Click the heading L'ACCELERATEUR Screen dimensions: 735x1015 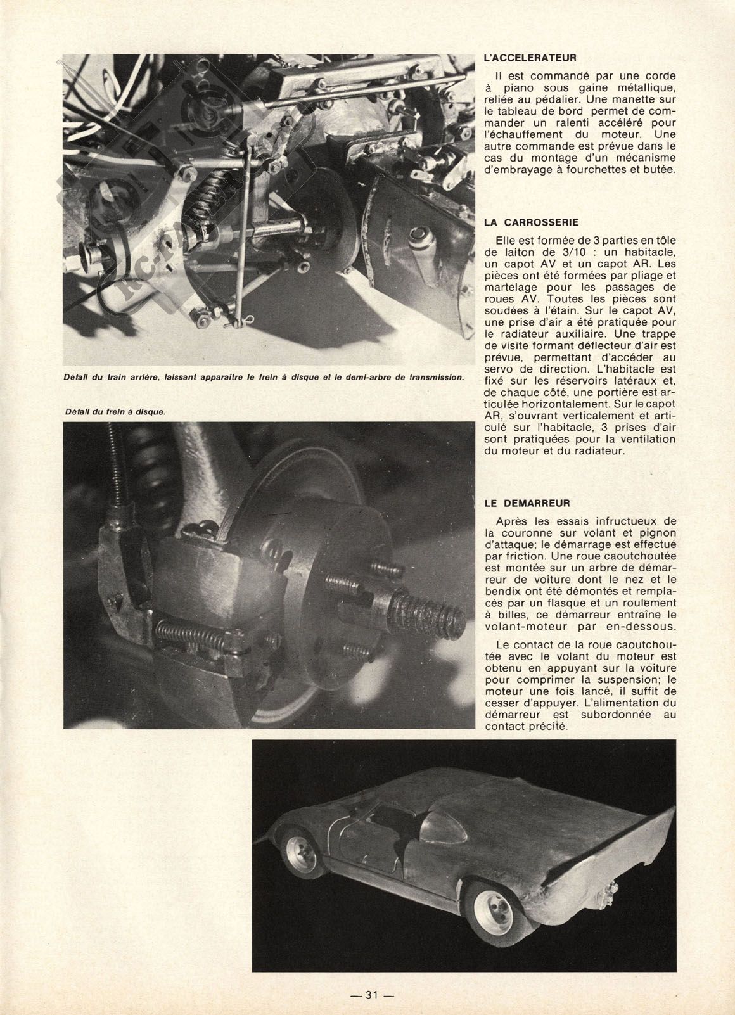pyautogui.click(x=530, y=58)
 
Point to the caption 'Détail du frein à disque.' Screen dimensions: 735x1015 pyautogui.click(x=114, y=412)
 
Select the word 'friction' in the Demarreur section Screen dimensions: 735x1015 pyautogui.click(x=518, y=556)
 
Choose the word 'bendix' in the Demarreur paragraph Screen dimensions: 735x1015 pyautogui.click(x=499, y=591)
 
